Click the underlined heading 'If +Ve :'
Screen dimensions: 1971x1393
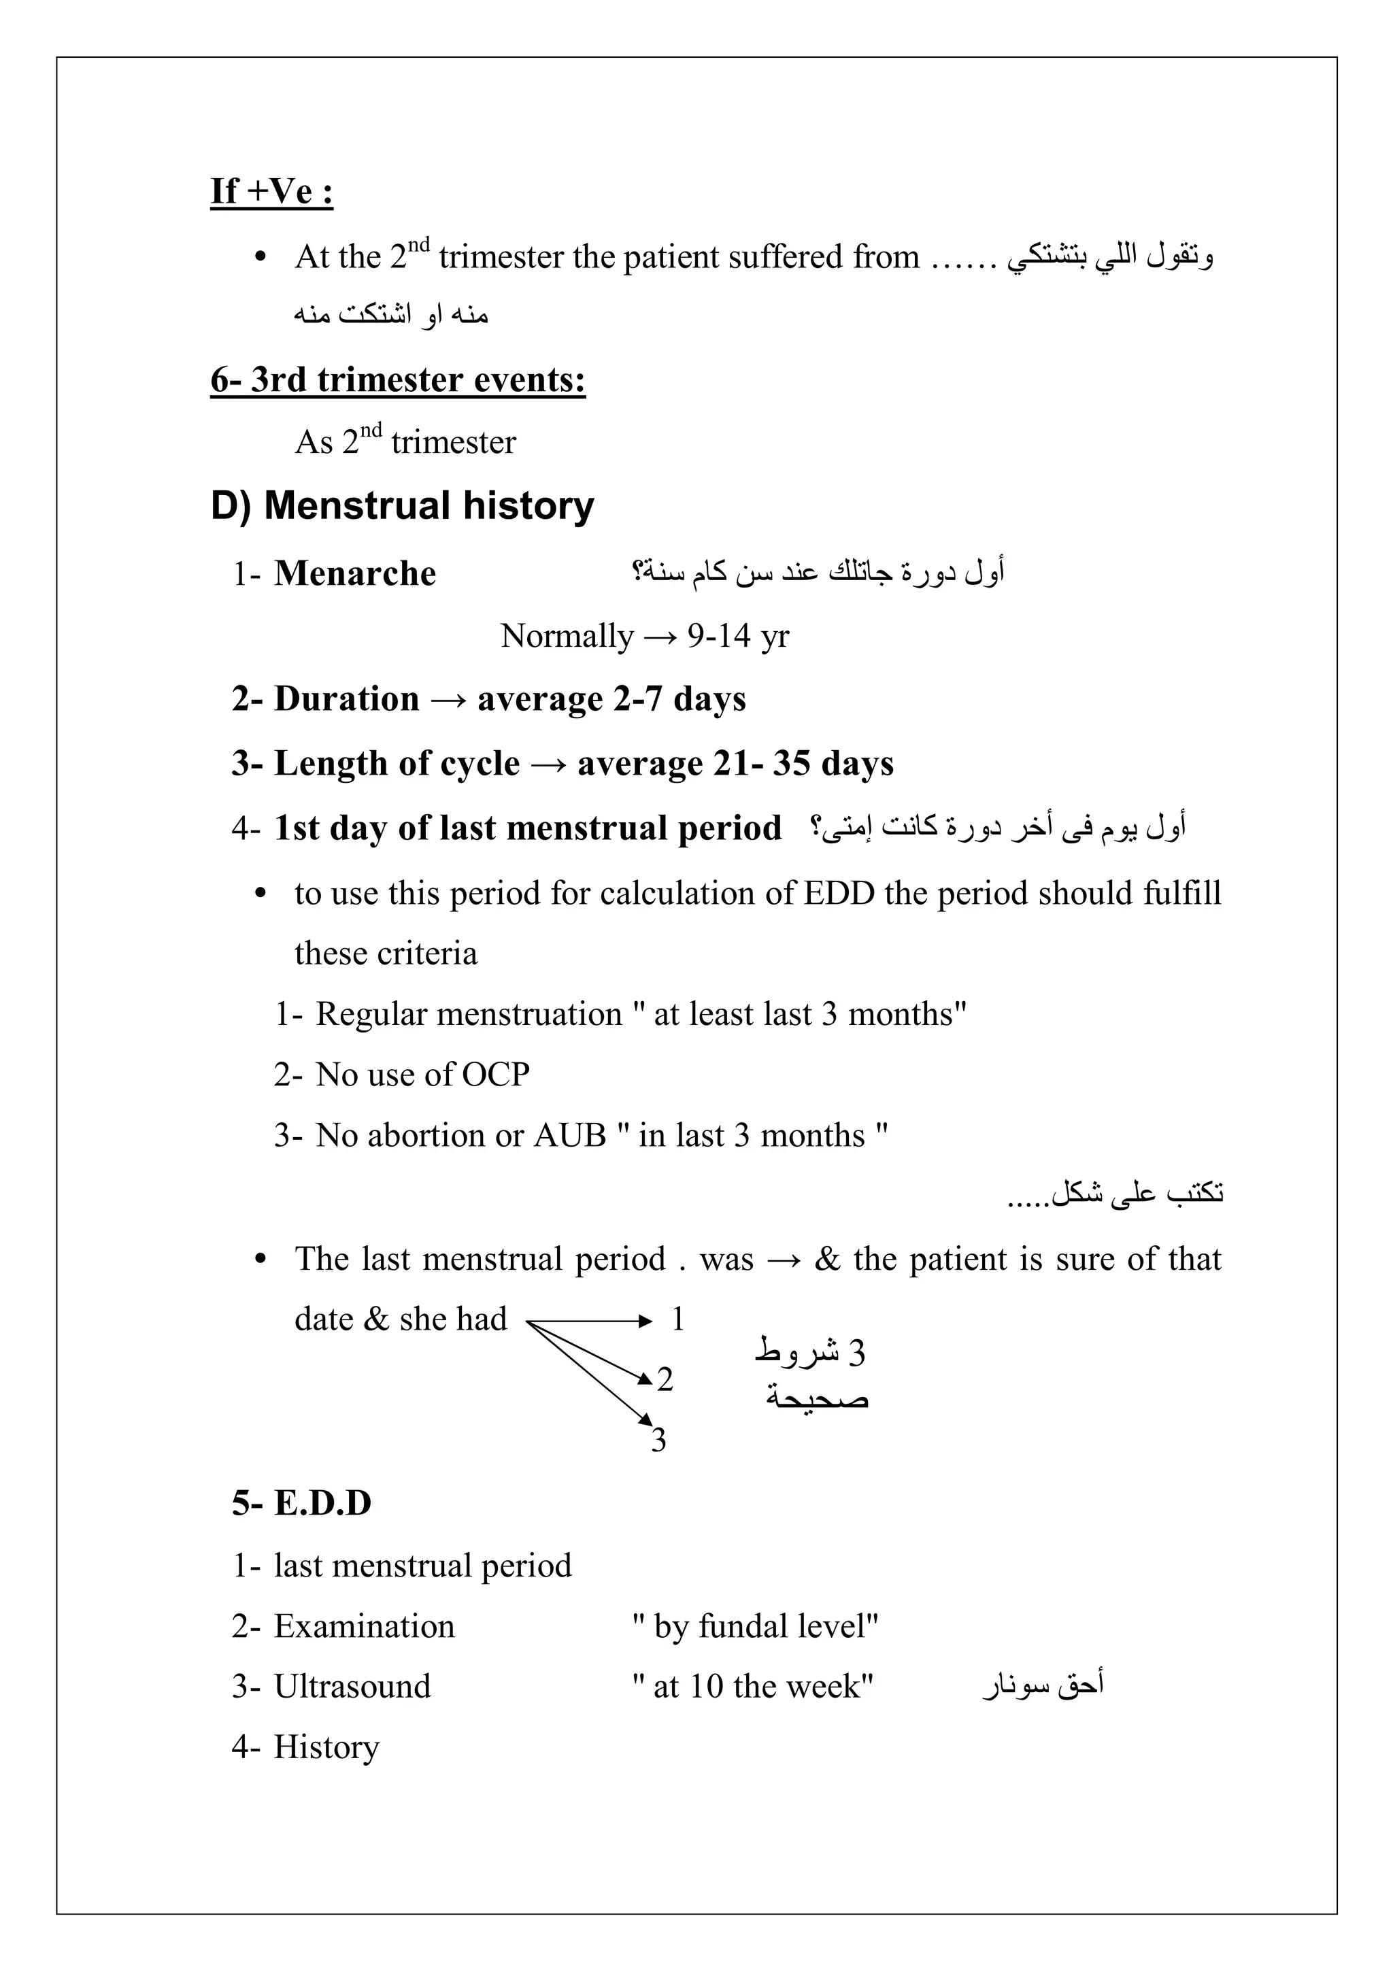[x=271, y=190]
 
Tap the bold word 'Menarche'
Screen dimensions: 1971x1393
[x=354, y=573]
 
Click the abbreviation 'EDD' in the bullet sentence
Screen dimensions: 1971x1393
[x=839, y=894]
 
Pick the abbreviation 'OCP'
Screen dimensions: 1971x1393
[x=495, y=1075]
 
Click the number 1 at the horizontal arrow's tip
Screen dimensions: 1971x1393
[x=677, y=1319]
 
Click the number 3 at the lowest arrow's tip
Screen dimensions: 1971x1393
[x=658, y=1441]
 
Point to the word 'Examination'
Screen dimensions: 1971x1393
[x=364, y=1627]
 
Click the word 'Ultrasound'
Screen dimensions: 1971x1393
[x=352, y=1687]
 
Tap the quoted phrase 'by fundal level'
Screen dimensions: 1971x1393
[x=755, y=1627]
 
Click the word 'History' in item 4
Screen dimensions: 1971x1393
[x=326, y=1748]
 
